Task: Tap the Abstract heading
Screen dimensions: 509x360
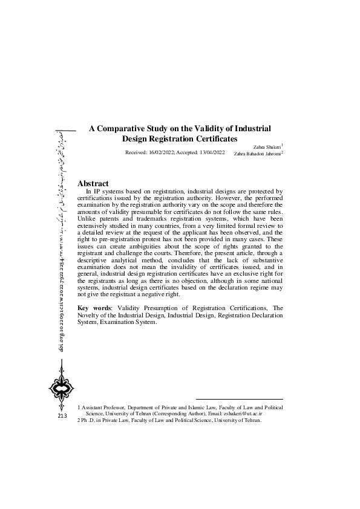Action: [93, 183]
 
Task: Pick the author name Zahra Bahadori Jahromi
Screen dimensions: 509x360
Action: [257, 154]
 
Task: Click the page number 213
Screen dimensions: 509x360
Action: [62, 417]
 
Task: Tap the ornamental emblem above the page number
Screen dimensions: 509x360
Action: [62, 391]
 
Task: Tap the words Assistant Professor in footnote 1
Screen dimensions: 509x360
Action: [103, 408]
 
